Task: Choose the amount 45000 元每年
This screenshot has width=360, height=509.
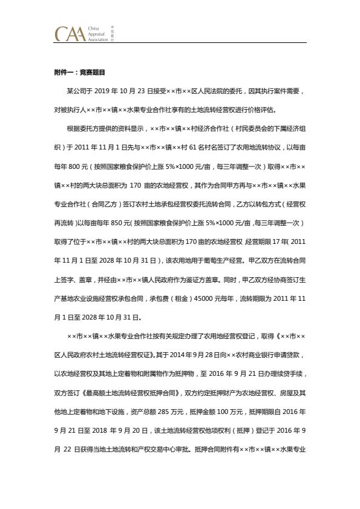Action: click(x=226, y=298)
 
